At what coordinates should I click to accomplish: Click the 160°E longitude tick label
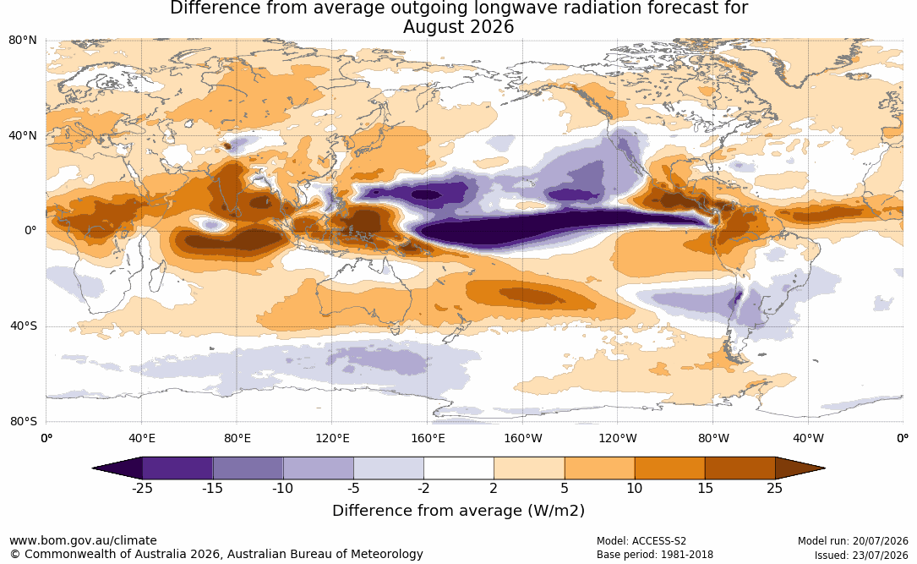[x=428, y=438]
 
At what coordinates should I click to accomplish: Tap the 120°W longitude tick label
[x=618, y=438]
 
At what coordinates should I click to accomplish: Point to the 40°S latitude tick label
[x=23, y=326]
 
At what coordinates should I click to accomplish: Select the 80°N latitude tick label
[x=23, y=40]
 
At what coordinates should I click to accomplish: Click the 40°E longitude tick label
[x=141, y=438]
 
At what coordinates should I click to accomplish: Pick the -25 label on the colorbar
[x=142, y=488]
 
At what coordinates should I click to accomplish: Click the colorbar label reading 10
[x=635, y=488]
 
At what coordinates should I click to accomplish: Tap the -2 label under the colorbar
[x=423, y=488]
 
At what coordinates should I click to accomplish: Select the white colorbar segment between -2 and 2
[x=459, y=468]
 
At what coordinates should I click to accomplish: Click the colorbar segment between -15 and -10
[x=248, y=468]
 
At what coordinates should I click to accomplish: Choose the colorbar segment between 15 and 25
[x=740, y=468]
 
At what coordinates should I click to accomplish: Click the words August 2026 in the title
[x=458, y=27]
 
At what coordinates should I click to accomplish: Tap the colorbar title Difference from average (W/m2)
[x=458, y=511]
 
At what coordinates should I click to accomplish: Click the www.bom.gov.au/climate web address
[x=83, y=540]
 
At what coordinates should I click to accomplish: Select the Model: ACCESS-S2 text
[x=641, y=541]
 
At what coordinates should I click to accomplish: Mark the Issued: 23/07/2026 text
[x=861, y=555]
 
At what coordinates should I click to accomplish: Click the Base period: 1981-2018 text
[x=655, y=554]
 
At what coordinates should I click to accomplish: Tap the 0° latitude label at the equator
[x=30, y=231]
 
